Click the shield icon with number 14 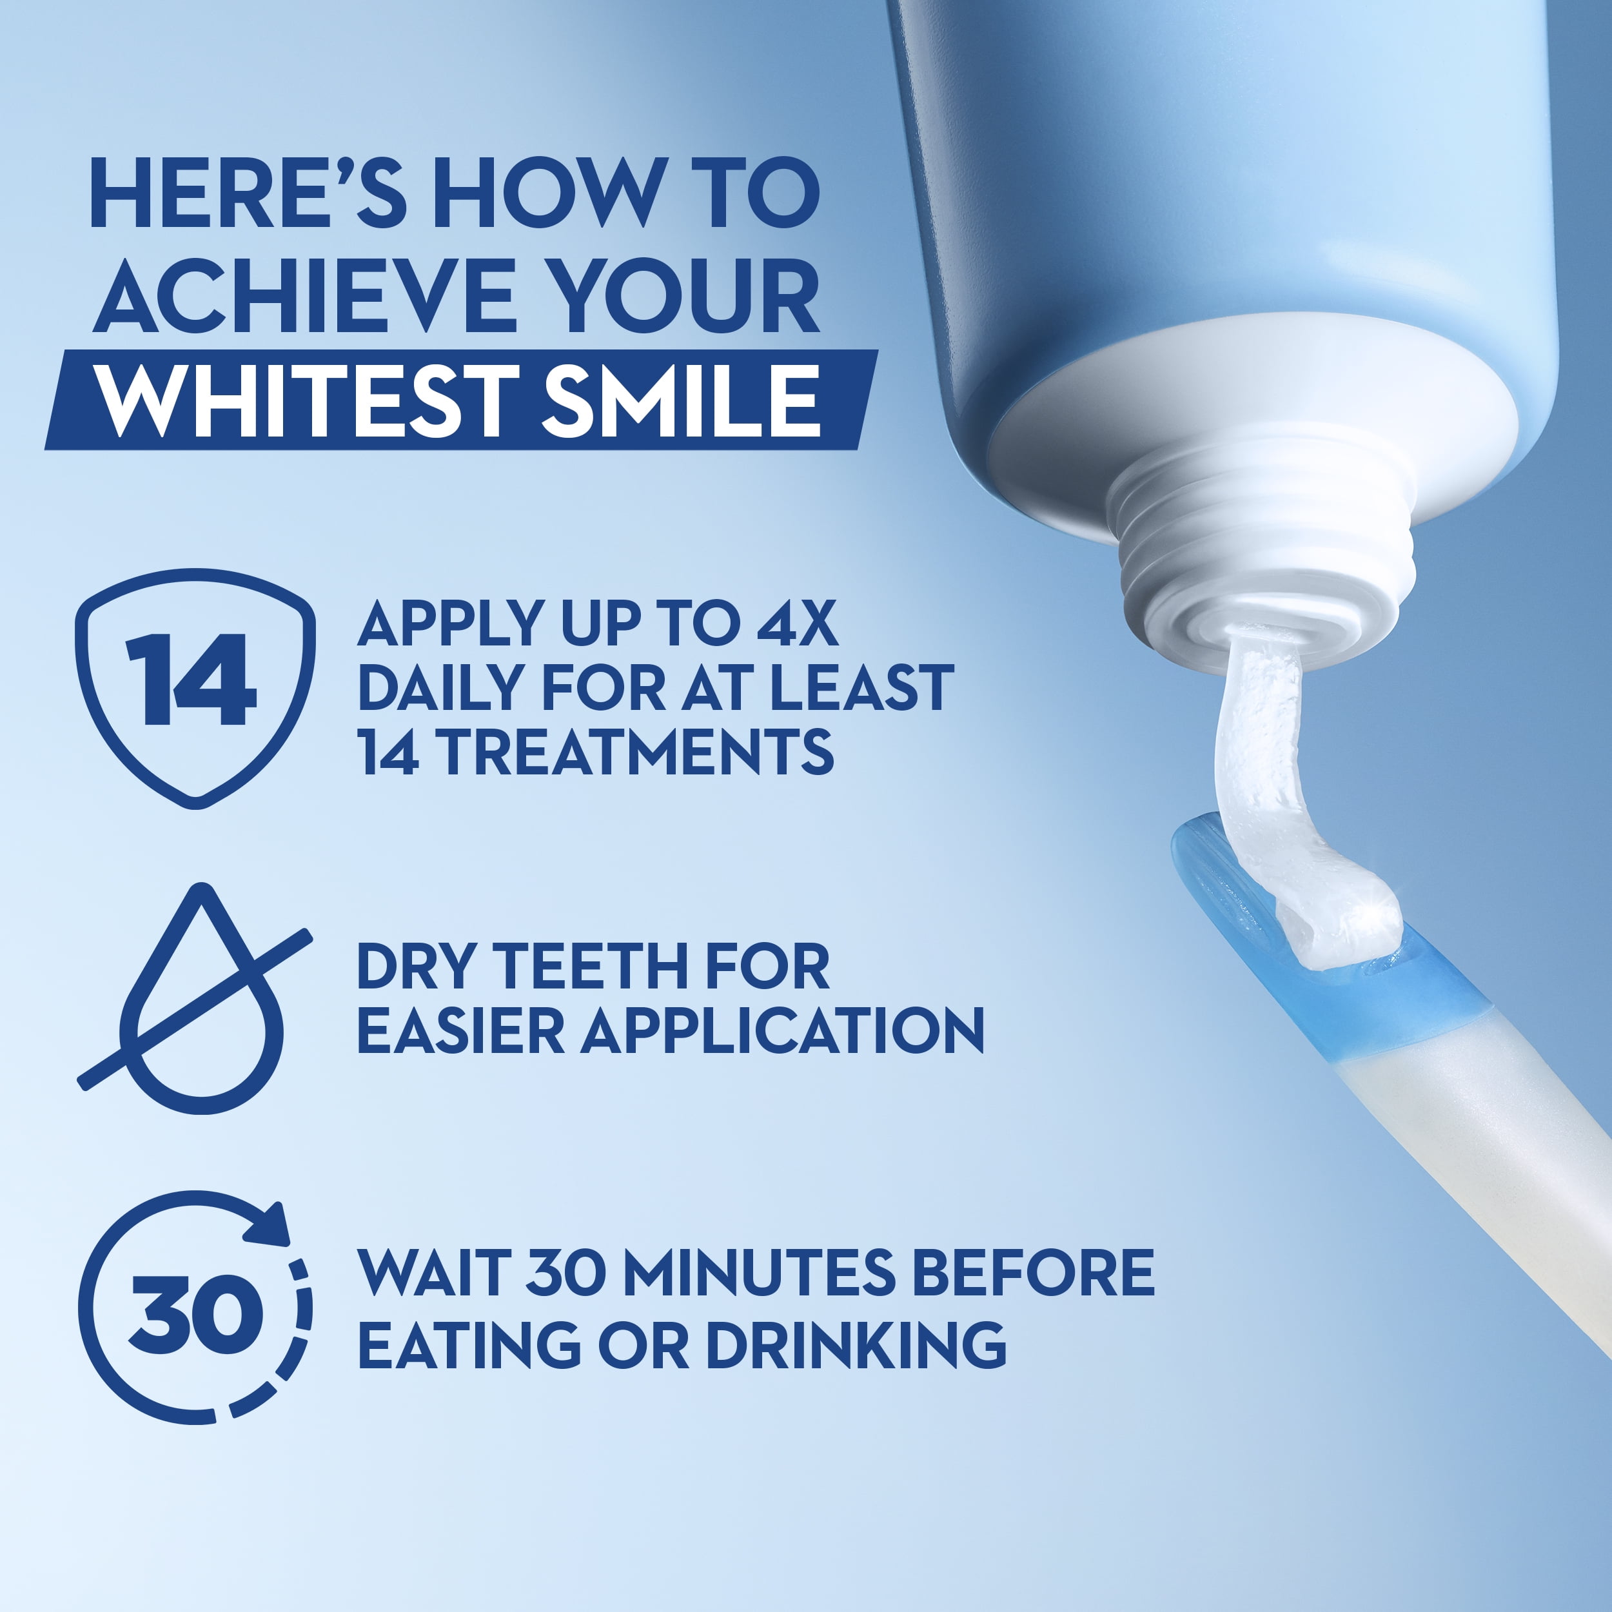(195, 689)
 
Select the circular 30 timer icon (195, 1308)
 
